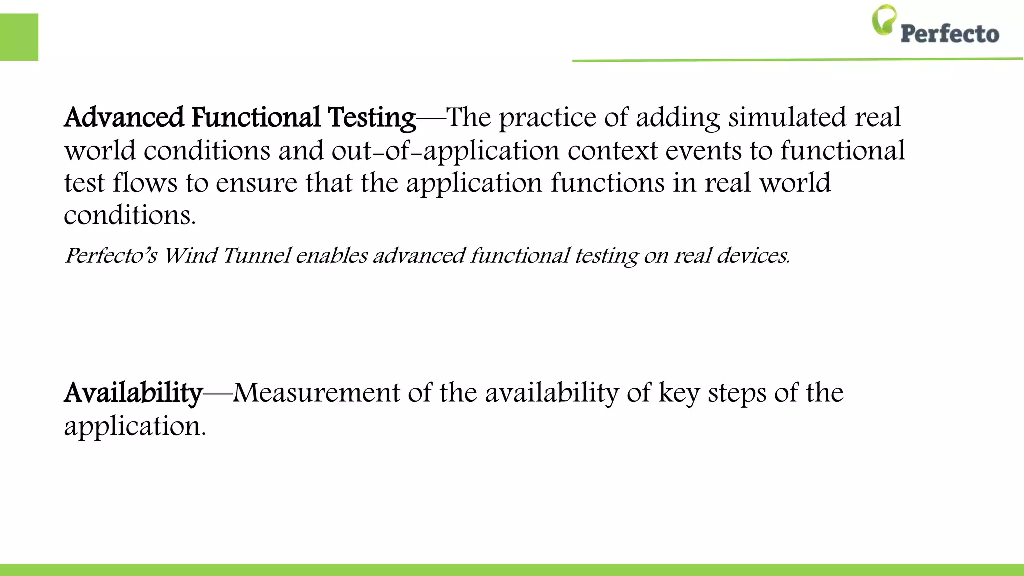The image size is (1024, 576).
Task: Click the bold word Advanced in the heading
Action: coord(124,118)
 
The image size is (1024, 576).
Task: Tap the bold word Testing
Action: coord(372,119)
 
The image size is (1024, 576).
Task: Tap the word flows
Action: coord(145,183)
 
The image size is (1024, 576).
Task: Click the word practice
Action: coord(548,119)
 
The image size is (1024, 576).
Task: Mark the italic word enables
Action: coord(332,256)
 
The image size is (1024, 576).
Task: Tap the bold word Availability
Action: coord(133,394)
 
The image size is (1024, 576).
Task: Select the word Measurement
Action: coord(316,393)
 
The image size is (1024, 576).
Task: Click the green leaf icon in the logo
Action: coord(884,20)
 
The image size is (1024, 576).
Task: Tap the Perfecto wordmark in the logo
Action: coord(950,34)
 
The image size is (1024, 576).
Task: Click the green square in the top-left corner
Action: coord(19,37)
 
